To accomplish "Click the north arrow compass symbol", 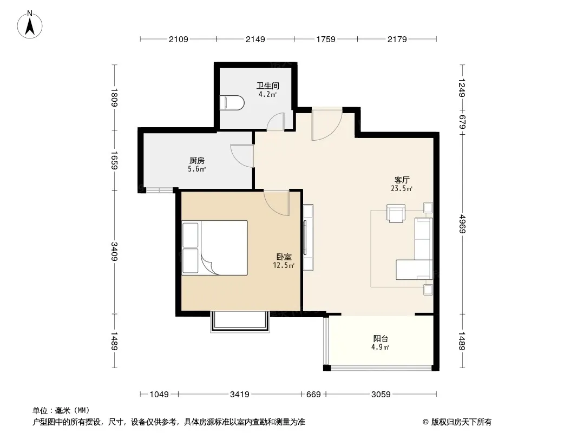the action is (x=30, y=25).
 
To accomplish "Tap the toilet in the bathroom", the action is (x=232, y=103).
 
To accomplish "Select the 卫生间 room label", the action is (x=268, y=86).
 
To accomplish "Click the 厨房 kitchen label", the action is (x=197, y=161).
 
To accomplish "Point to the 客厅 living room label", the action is (x=402, y=180).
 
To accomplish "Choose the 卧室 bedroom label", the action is (x=284, y=257).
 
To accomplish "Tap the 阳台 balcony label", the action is (x=381, y=338).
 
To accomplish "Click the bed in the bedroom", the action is (x=214, y=247).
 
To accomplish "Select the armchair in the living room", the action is (x=396, y=213).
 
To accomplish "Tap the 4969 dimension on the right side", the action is (x=463, y=224).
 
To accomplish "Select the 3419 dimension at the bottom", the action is (x=240, y=395).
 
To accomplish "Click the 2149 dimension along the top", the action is (x=255, y=39).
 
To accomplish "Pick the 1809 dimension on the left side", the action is (x=114, y=97).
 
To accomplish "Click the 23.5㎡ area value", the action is (x=402, y=189).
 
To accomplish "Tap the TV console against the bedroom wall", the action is (x=308, y=238).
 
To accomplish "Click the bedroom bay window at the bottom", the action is (x=240, y=322).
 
